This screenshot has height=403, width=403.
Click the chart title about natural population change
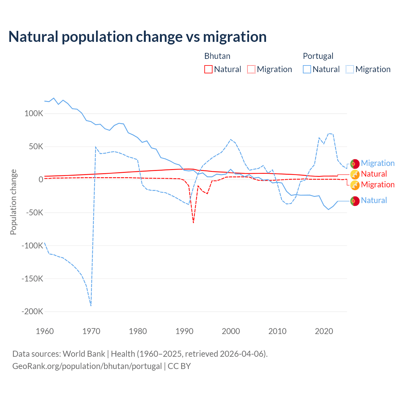point(138,37)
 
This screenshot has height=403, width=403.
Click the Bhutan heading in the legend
point(217,56)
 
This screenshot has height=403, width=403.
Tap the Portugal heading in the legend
point(318,56)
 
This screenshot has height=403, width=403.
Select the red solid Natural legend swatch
point(208,69)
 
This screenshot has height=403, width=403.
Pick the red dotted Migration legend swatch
point(251,69)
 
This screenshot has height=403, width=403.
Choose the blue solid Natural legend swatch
point(307,69)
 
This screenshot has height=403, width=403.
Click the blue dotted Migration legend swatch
point(350,69)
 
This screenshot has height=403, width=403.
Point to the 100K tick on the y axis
point(34,114)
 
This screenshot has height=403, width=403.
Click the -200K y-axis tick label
point(32,312)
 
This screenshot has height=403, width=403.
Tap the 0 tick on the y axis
point(41,180)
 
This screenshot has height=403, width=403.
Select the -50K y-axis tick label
point(34,213)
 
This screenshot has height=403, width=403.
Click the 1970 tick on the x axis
point(91,331)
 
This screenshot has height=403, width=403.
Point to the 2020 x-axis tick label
point(324,331)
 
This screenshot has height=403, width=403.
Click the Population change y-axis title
point(13,202)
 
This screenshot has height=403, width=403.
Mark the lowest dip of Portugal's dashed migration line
point(91,305)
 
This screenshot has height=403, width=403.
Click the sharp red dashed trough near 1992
point(193,223)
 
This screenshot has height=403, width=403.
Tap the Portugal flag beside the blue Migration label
point(355,164)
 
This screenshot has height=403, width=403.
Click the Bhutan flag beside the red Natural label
point(355,174)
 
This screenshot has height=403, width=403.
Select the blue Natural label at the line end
point(374,200)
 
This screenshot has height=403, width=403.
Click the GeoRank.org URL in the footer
point(87,366)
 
